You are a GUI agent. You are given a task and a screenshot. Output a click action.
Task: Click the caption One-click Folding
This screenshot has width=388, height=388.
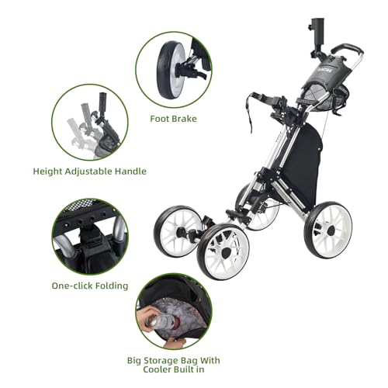pyautogui.click(x=89, y=286)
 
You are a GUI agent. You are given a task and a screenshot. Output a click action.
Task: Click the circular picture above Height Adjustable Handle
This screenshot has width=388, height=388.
pyautogui.click(x=90, y=121)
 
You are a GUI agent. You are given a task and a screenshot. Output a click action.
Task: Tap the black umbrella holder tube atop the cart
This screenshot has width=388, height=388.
pyautogui.click(x=317, y=31)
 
